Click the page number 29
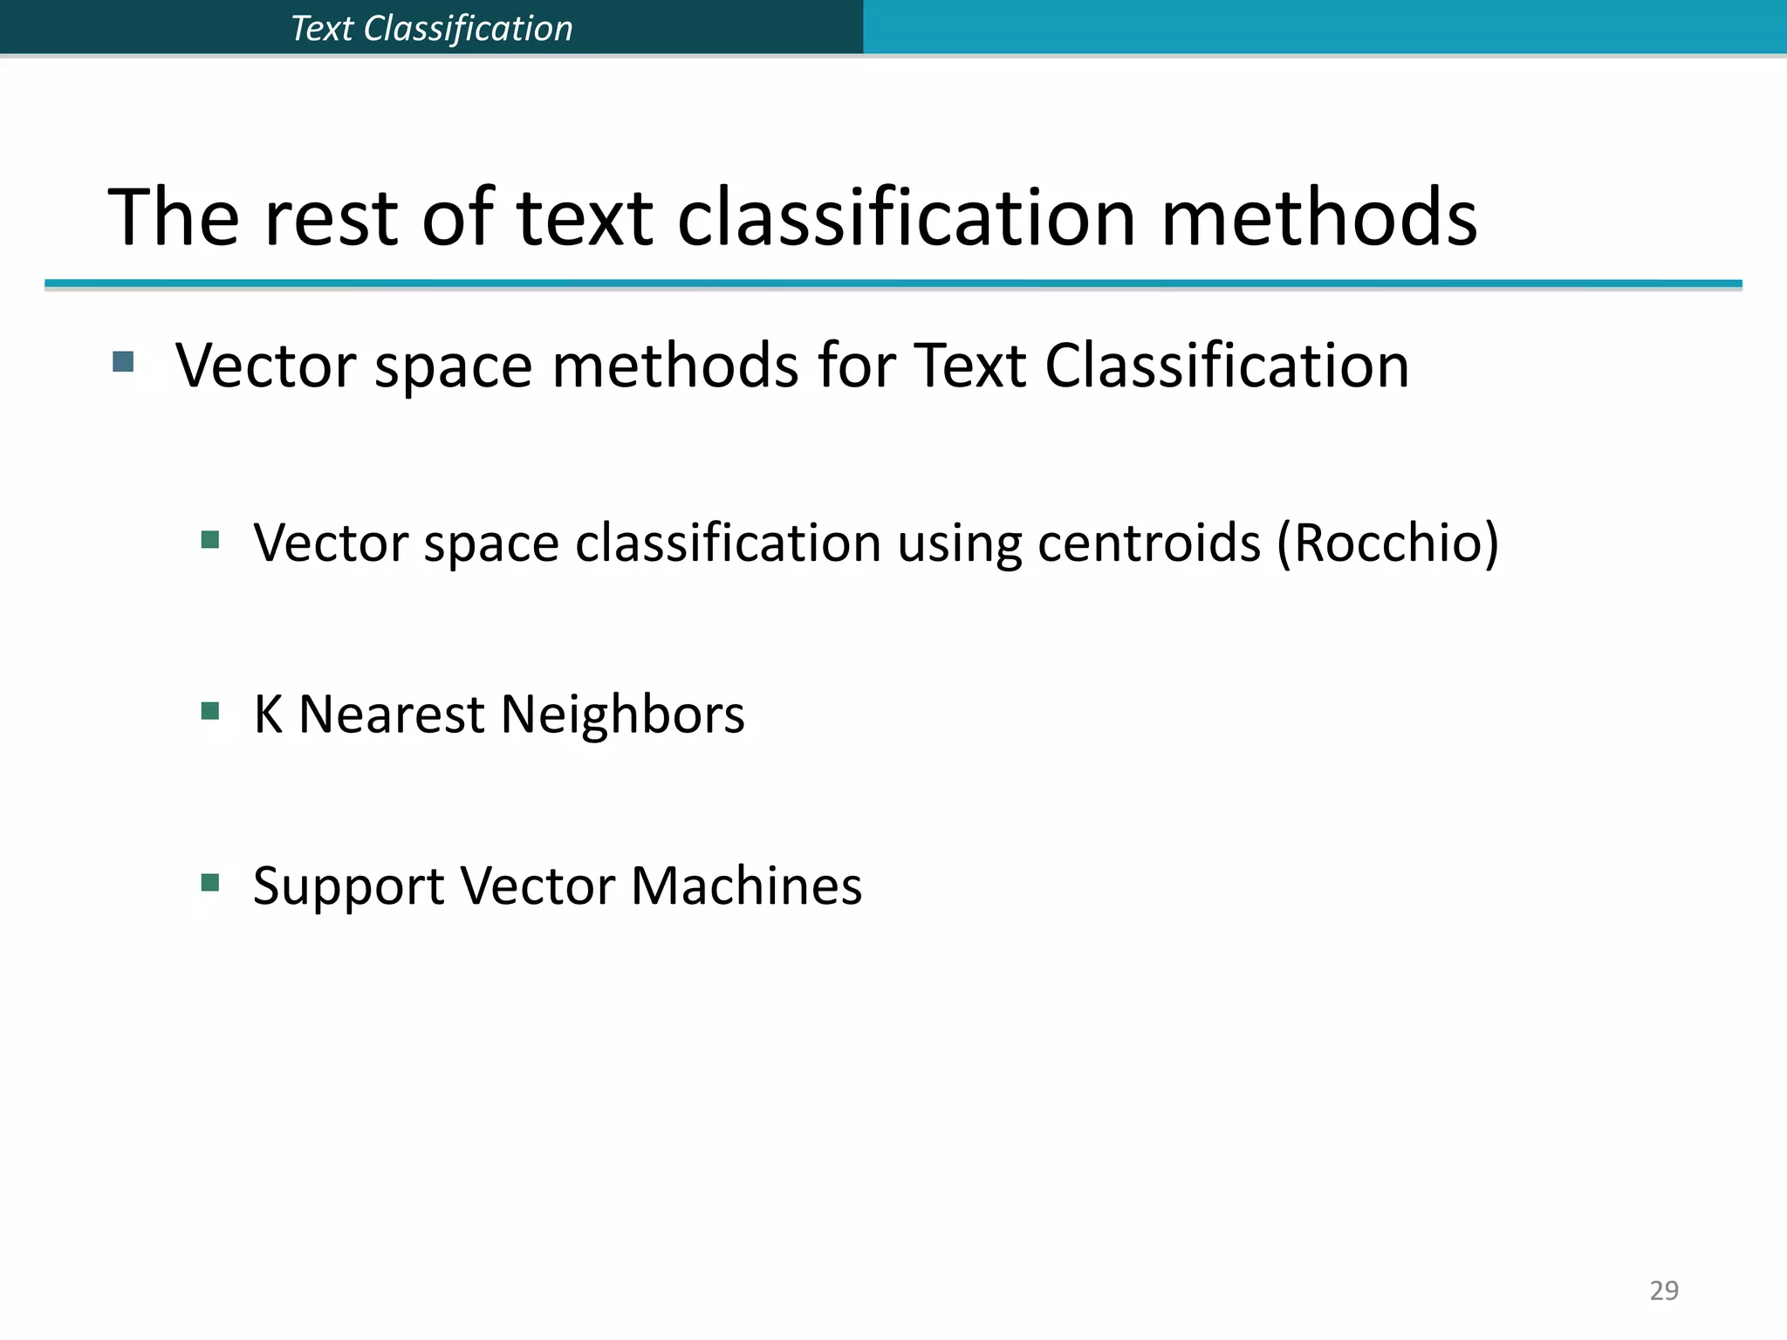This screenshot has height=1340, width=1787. coord(1663,1289)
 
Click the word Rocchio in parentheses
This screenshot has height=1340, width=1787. coord(1387,543)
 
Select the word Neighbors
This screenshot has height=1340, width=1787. coord(622,714)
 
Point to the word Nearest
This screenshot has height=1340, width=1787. coord(391,714)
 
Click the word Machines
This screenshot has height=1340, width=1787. coord(746,885)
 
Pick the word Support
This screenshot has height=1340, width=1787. coord(349,887)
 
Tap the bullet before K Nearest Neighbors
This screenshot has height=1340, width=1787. coord(209,711)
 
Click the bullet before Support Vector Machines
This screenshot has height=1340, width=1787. coord(209,883)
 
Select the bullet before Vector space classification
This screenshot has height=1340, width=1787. coord(209,540)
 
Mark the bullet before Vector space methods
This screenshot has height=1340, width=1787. coord(123,361)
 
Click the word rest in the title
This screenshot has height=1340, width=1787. coord(331,218)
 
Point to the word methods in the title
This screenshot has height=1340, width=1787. coord(1318,218)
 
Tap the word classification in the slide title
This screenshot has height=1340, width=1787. coord(907,218)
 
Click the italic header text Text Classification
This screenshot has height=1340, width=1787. coord(432,29)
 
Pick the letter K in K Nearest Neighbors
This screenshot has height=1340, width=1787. coord(268,714)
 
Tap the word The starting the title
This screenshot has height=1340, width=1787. coord(174,218)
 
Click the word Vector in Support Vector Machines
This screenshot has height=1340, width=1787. coord(537,885)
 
